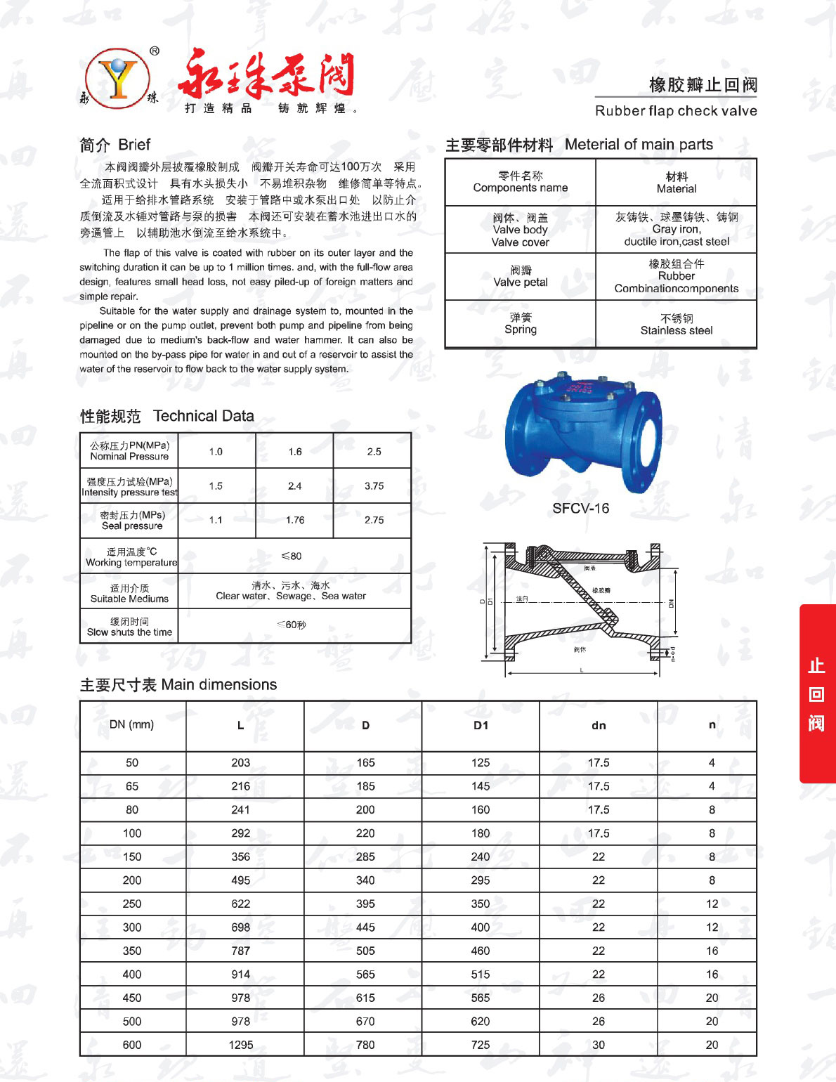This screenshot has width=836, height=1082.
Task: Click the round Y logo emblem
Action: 117,79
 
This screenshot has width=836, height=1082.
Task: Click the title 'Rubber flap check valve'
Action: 676,111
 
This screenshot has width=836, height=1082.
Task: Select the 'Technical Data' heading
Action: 203,416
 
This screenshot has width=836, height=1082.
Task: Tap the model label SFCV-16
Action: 580,509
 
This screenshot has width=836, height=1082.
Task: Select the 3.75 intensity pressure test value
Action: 374,486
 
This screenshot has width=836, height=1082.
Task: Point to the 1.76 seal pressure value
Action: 295,521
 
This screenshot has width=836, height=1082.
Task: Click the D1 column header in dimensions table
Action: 481,726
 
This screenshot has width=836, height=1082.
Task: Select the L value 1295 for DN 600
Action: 240,1045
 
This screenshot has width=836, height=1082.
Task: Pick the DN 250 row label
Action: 132,904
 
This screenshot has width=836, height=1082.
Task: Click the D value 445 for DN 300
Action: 365,927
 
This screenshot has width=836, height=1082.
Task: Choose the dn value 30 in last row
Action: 599,1045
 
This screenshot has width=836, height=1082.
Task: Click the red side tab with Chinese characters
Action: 817,694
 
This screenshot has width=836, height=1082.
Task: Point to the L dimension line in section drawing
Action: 582,673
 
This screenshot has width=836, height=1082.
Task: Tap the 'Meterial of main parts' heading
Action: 639,145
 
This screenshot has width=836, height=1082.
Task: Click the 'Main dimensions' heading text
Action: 218,685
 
